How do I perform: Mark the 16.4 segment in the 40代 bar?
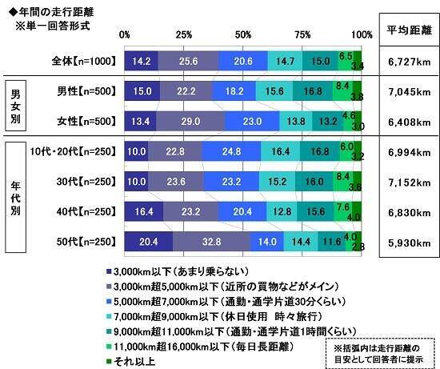pyautogui.click(x=144, y=211)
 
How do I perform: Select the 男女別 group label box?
pyautogui.click(x=15, y=106)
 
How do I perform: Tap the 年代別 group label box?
pyautogui.click(x=15, y=196)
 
